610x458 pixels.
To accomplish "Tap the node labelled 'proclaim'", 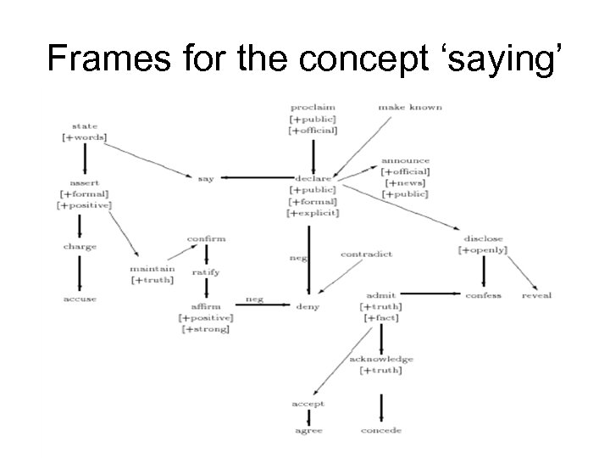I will tap(313, 108).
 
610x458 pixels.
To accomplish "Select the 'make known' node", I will tap(410, 108).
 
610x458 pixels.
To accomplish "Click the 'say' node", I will tap(206, 178).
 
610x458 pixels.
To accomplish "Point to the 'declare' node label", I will tap(313, 178).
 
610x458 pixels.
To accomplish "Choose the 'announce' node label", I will tap(405, 160).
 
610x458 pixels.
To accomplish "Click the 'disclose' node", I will tap(483, 238).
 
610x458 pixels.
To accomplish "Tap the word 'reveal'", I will tap(536, 295).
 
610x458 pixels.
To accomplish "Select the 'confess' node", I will tap(483, 295).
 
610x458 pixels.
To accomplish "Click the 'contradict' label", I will tap(366, 254).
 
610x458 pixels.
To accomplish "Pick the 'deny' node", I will tap(308, 305).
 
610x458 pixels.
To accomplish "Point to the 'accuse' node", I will tap(80, 299).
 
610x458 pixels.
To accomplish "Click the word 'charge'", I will tap(80, 247).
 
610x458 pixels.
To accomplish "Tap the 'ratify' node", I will tap(206, 272).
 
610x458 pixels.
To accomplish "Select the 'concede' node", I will tap(380, 431).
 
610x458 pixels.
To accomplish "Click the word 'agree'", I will tap(308, 431).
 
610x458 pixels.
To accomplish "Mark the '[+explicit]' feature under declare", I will tap(313, 213).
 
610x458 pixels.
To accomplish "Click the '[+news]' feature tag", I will tap(405, 182).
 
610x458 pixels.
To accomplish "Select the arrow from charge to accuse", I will tap(80, 273).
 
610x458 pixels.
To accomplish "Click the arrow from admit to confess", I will tap(431, 294).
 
